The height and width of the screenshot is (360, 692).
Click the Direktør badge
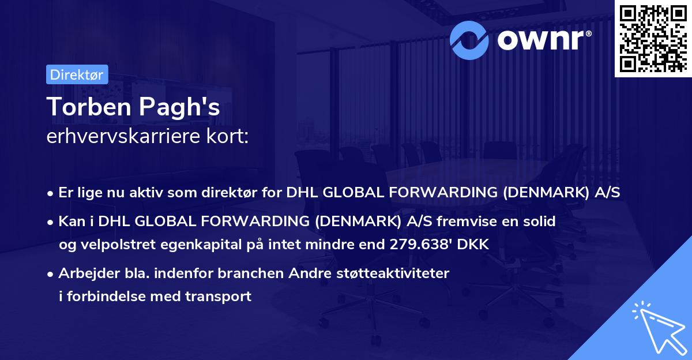pos(76,74)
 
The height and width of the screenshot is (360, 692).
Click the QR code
pos(652,38)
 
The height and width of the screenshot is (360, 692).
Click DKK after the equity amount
pos(474,244)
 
